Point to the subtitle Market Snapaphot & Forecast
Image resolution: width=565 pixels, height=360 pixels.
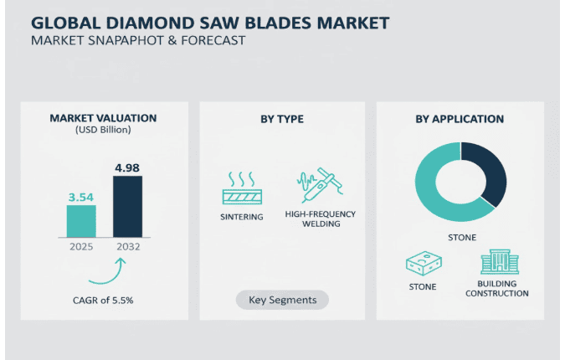pos(138,40)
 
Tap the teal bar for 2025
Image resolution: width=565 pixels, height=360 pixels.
pos(81,223)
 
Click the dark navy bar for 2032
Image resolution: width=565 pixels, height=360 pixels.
pos(127,207)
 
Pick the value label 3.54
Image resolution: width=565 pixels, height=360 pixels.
pos(81,198)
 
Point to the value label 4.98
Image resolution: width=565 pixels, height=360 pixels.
pos(127,167)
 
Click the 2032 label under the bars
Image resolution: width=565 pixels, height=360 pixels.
pos(127,248)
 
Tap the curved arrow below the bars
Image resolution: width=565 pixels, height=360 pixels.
pos(109,270)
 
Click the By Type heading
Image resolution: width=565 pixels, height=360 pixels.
pos(281,119)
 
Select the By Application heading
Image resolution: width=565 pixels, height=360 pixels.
pos(460,119)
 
